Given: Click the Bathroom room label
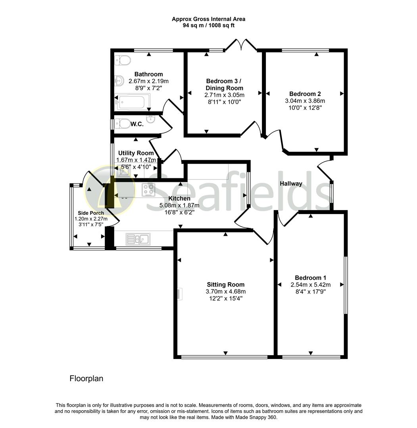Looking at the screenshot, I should [148, 74].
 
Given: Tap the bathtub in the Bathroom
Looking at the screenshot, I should [131, 102].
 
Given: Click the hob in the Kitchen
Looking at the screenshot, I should [149, 190].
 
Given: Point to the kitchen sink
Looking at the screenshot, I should [137, 239].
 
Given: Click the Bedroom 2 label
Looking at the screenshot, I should [305, 94].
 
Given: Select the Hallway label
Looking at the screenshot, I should [291, 183].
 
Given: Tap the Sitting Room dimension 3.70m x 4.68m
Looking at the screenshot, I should [225, 291].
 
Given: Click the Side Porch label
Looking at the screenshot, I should [91, 213].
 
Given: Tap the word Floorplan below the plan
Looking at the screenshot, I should [86, 378].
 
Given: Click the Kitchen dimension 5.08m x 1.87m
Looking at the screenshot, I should [179, 205].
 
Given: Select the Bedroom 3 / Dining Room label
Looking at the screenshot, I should [224, 84].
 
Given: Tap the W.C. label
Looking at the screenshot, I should [137, 124].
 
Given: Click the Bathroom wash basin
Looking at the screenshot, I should [119, 81].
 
